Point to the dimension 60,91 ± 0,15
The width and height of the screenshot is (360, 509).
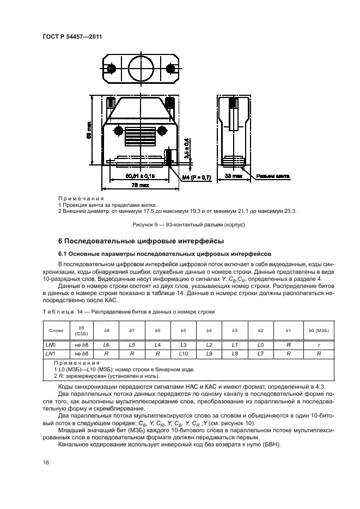140,176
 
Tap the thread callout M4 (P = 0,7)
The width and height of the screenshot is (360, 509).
196,177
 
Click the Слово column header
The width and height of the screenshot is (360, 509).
56,330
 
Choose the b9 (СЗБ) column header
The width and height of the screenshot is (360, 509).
82,330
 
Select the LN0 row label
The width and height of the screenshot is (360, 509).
50,345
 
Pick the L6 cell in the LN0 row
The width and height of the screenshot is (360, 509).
107,345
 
